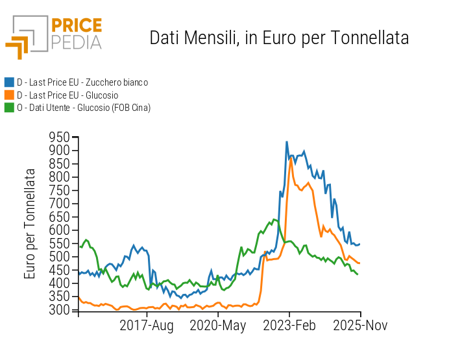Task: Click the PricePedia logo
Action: point(54,36)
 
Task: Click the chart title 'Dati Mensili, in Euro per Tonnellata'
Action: point(279,38)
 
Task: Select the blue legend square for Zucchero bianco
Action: point(9,82)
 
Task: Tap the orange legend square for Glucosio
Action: point(9,95)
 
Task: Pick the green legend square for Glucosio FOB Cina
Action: point(9,107)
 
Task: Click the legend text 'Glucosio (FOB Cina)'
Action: point(114,108)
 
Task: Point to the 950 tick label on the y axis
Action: point(60,137)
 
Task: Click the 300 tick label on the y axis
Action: point(60,310)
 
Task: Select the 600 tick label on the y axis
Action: point(60,230)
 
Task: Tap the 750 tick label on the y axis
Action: point(60,190)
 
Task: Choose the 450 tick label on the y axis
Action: point(60,270)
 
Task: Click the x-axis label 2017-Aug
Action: point(147,326)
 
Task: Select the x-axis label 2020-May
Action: point(217,326)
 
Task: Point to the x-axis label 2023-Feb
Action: point(289,326)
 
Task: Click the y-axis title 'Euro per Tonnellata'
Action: point(30,224)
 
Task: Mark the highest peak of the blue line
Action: point(287,142)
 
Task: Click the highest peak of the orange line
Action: point(291,159)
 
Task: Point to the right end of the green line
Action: point(358,274)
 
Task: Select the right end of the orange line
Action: point(360,263)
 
